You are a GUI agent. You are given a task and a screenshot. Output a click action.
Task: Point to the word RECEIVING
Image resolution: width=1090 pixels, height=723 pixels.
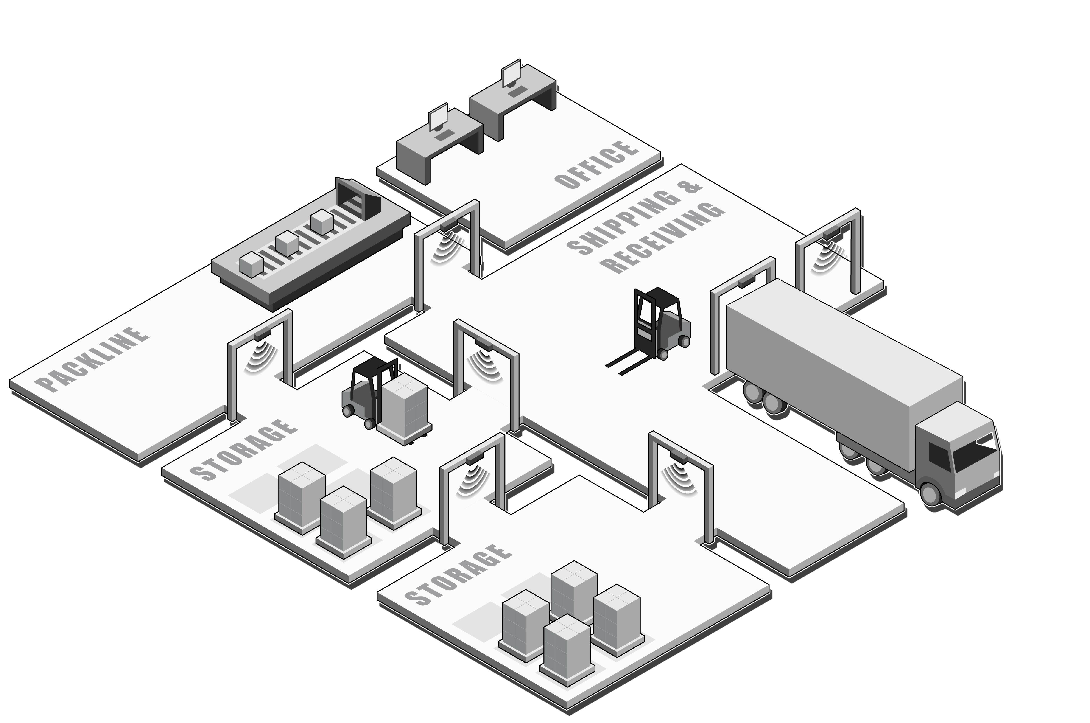pos(663,238)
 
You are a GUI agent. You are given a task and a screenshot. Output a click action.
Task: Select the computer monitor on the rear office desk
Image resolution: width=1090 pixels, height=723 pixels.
pos(511,74)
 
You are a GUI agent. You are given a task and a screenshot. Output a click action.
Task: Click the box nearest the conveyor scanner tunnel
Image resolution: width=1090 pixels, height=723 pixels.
pos(322,222)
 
